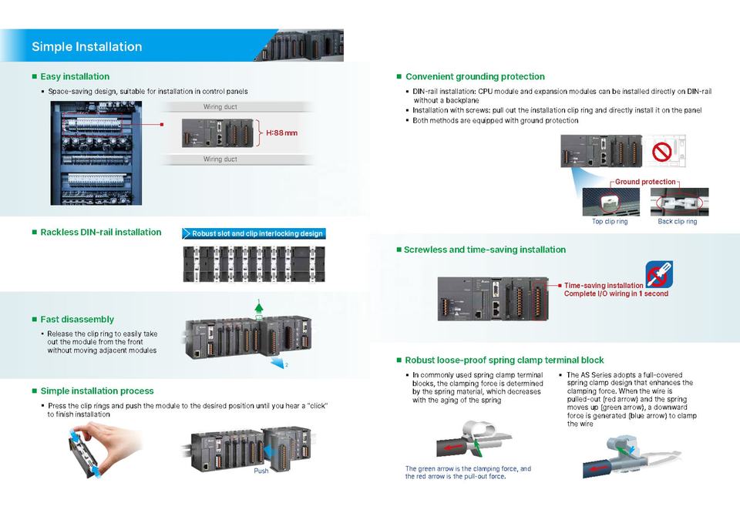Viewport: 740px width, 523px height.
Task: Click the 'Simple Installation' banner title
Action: click(x=87, y=47)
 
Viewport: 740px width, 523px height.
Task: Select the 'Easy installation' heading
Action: click(x=75, y=76)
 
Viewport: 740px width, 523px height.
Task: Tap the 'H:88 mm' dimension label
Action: click(x=282, y=133)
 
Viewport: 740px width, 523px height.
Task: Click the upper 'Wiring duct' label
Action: click(x=220, y=106)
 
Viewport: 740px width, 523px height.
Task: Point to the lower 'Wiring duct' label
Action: click(x=220, y=159)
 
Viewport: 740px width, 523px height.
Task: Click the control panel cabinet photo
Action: click(x=96, y=153)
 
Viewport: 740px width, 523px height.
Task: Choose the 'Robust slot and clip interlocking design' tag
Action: click(x=254, y=233)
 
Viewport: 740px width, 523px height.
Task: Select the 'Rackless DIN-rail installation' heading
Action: click(x=101, y=232)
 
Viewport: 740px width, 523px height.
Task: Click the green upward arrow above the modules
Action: click(x=259, y=307)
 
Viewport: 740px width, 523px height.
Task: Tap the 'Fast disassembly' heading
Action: click(x=77, y=320)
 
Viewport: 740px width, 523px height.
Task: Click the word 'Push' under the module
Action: click(x=261, y=471)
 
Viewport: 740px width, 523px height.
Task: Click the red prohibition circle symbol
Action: click(x=661, y=152)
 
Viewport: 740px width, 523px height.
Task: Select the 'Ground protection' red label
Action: click(x=645, y=182)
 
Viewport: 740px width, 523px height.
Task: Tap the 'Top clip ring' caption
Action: click(x=610, y=221)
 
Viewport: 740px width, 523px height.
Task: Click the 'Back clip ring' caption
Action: click(x=678, y=221)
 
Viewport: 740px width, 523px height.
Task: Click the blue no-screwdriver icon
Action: click(x=659, y=274)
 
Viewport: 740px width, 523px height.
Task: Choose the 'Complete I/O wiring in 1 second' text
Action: click(x=616, y=293)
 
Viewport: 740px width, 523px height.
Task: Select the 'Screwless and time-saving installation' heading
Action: click(x=485, y=250)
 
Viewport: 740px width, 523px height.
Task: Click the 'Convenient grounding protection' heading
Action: click(x=475, y=76)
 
